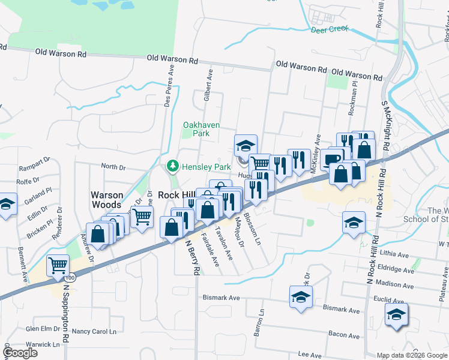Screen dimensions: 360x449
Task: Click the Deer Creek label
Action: (330, 28)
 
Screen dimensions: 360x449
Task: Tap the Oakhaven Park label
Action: (201, 129)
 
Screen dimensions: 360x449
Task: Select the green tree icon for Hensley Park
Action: (173, 165)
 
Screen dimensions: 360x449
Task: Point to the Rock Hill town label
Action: (176, 196)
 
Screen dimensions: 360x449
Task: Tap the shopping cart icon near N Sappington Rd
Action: (58, 265)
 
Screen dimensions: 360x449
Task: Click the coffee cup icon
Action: (332, 158)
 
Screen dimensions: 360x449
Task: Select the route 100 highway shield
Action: (70, 278)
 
